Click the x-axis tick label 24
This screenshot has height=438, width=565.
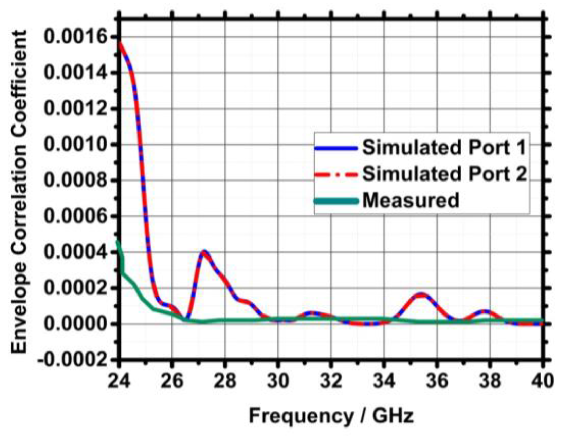[119, 381]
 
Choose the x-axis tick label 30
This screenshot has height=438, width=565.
[278, 381]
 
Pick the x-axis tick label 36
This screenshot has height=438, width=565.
[437, 381]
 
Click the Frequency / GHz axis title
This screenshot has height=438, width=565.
[331, 416]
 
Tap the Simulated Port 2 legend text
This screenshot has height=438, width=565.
[444, 174]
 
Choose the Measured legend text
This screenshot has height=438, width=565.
[411, 201]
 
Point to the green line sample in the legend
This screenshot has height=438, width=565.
[336, 201]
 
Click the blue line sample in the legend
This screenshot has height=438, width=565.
[336, 148]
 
